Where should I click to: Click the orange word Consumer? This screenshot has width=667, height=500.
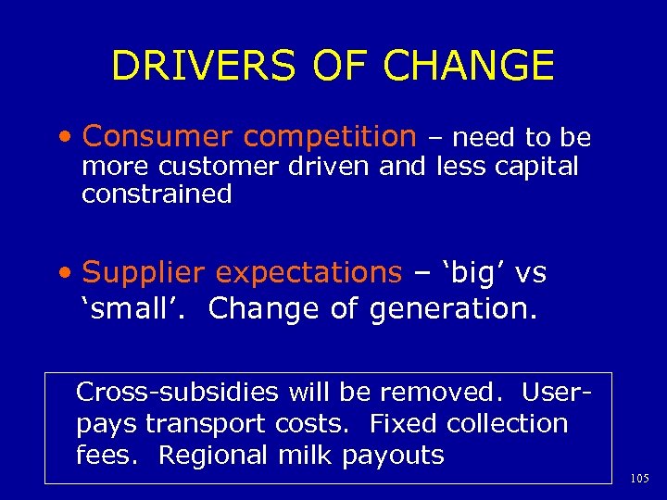pos(157,137)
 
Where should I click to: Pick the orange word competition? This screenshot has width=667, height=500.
pos(329,137)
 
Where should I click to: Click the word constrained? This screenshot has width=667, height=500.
pos(157,194)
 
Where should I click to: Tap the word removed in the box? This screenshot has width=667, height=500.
pos(444,392)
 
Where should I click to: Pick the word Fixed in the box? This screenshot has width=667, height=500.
pos(404,424)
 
